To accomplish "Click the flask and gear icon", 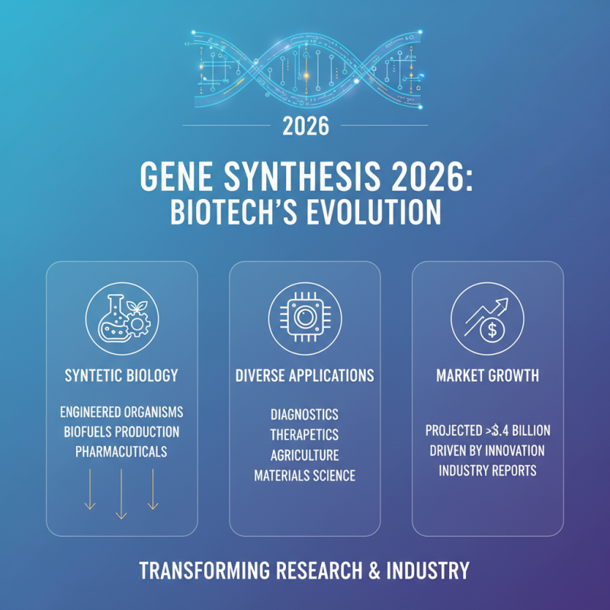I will tap(122, 318).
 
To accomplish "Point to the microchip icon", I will tap(305, 318).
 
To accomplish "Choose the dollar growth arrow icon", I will tap(488, 318).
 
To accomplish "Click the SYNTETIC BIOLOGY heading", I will tap(122, 375).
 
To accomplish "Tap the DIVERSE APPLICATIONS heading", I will tap(305, 375).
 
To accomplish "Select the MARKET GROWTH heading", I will tap(488, 375).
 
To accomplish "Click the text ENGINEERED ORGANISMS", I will tap(122, 413).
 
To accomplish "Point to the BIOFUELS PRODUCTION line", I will tap(122, 432).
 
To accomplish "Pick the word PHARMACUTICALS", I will tap(122, 452).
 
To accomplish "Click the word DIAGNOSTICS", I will tap(305, 415).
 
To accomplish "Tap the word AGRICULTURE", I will tap(305, 455).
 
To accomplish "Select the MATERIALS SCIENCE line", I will tap(305, 476).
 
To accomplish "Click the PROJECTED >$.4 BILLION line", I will tap(488, 431).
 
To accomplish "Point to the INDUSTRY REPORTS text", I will tap(488, 470).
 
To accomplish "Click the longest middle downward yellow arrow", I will tap(121, 493).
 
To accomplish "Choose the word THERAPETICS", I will tap(305, 435).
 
